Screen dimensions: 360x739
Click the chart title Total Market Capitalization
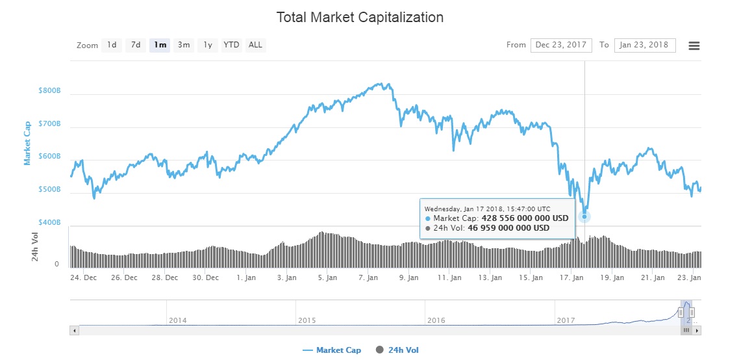(x=360, y=18)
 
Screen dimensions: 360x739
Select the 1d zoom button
(x=112, y=45)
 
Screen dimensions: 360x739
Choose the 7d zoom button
(x=135, y=45)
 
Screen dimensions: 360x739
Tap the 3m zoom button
(x=184, y=45)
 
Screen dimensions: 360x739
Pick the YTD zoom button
(x=231, y=45)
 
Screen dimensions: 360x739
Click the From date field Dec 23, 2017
(x=561, y=45)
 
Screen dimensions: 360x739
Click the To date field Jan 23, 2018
(x=644, y=45)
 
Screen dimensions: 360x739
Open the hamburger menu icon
(x=694, y=45)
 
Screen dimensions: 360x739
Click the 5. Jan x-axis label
(x=327, y=277)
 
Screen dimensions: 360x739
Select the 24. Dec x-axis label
(x=84, y=277)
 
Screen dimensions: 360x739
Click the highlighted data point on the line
(x=584, y=216)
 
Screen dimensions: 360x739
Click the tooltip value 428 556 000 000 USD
(x=525, y=218)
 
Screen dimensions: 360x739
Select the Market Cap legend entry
(x=338, y=350)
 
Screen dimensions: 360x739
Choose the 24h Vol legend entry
(x=403, y=350)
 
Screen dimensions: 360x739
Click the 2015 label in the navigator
(x=307, y=320)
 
